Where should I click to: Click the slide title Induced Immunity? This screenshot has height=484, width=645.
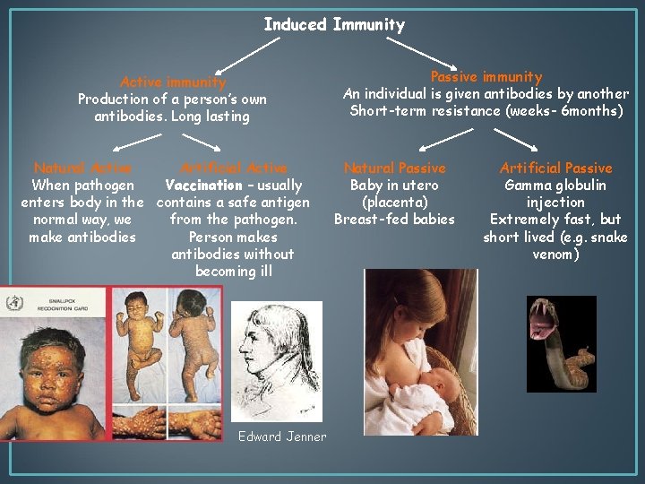[334, 25]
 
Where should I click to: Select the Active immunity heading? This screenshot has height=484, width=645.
[173, 82]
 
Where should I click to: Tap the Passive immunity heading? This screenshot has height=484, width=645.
[486, 77]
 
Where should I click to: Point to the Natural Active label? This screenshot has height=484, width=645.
[82, 168]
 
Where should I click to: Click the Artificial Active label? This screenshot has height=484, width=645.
[234, 168]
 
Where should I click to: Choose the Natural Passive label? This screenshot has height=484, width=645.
[394, 168]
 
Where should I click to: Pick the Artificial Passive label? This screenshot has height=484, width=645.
[555, 168]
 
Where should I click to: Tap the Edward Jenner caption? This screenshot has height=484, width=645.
[282, 436]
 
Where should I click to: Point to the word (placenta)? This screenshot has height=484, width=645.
[394, 203]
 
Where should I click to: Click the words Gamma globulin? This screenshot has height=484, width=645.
[555, 186]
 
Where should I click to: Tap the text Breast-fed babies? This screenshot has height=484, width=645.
[394, 220]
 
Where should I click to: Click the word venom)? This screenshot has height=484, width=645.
[555, 255]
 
